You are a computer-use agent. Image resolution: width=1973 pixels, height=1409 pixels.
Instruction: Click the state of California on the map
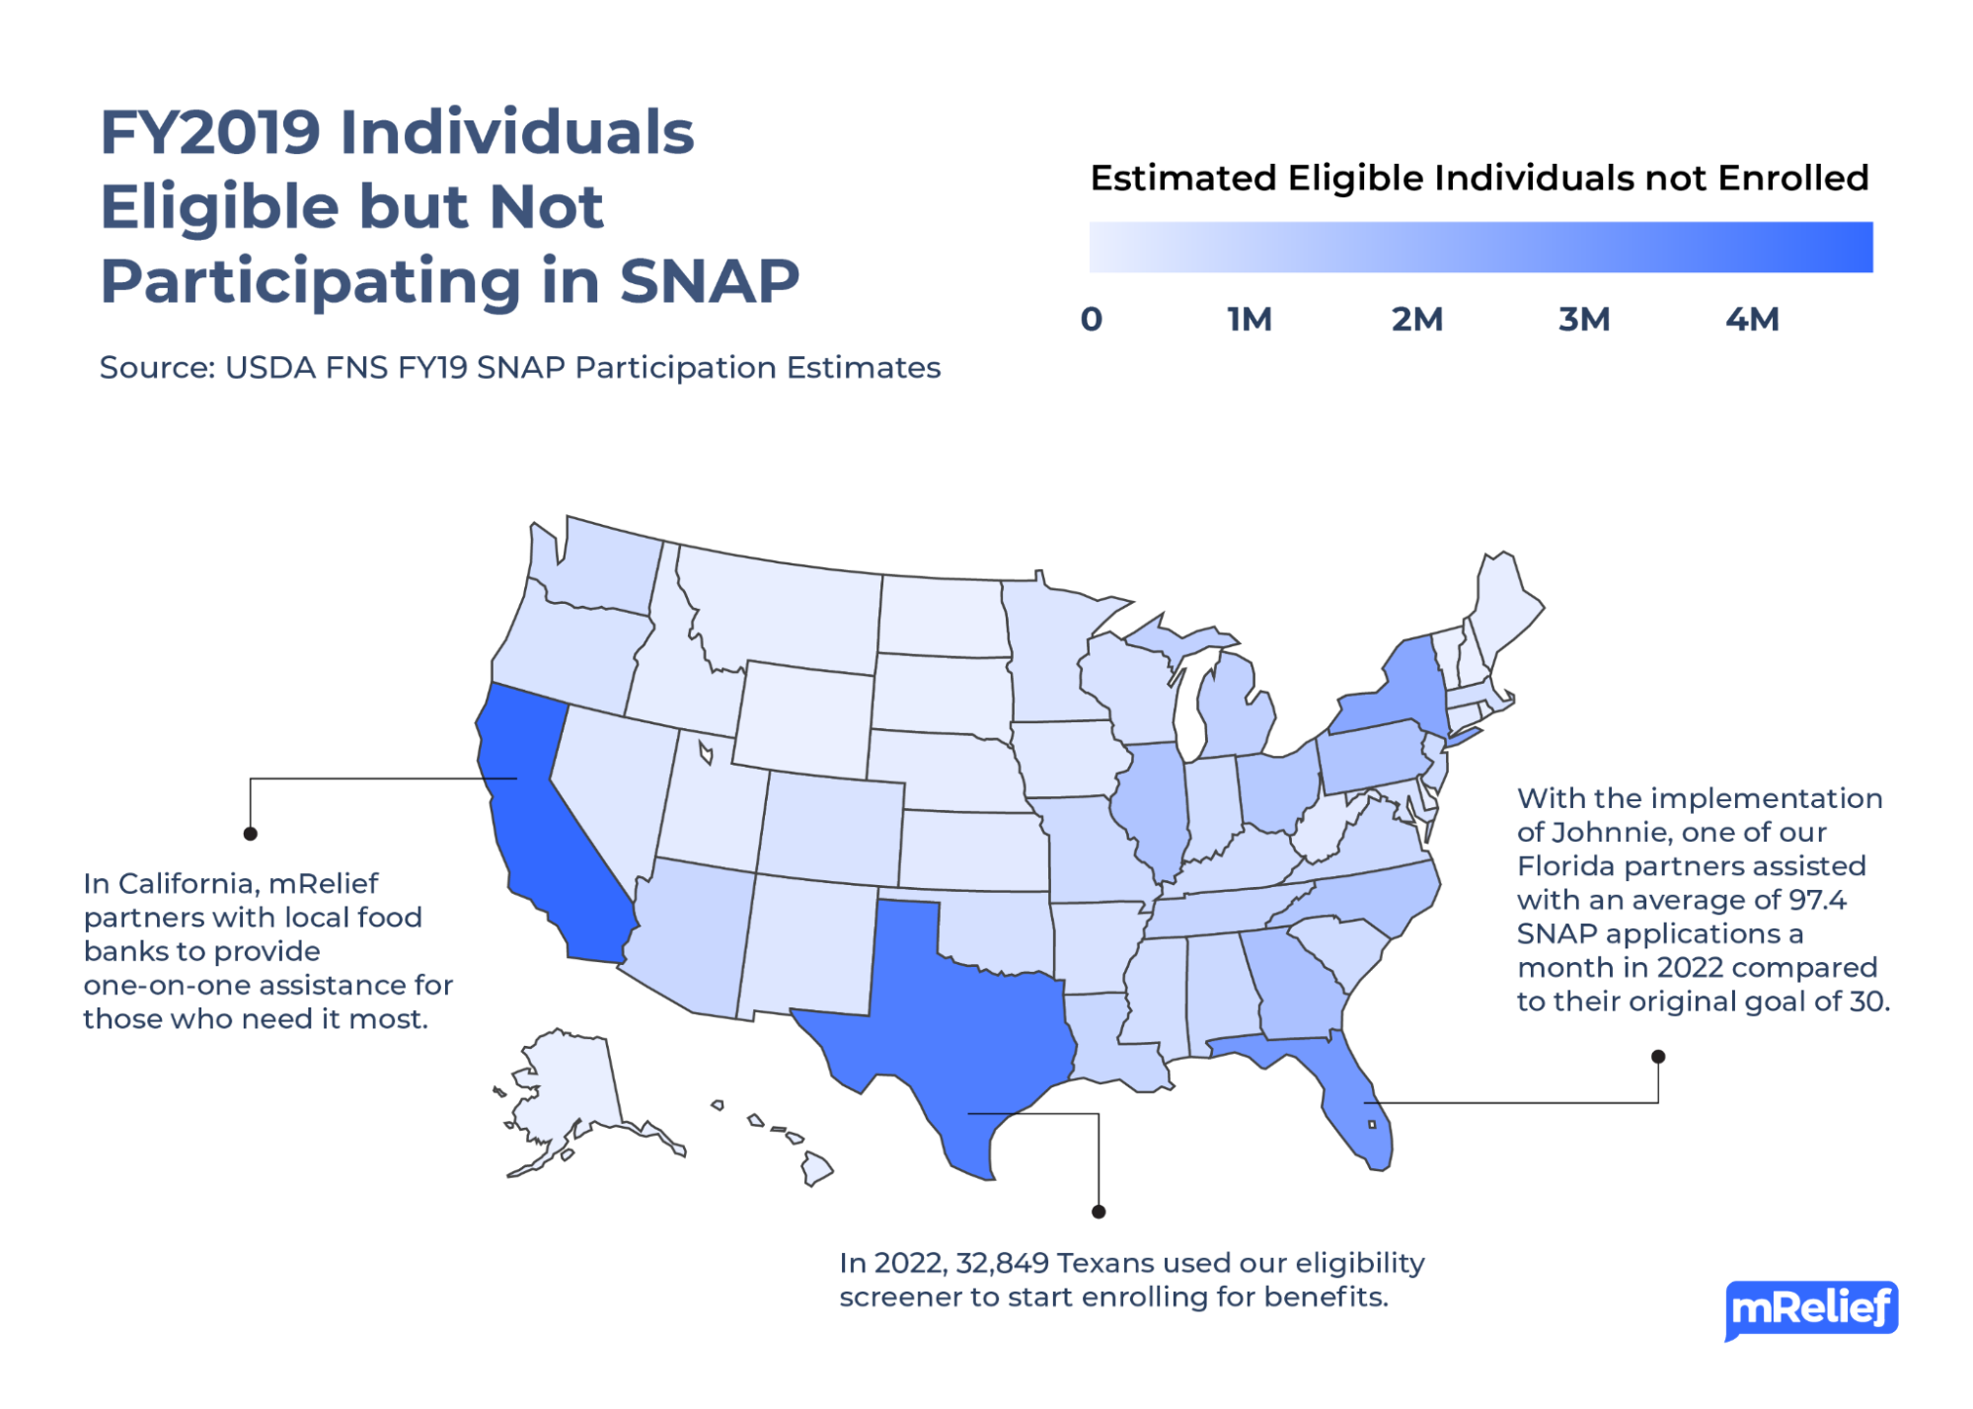pyautogui.click(x=543, y=829)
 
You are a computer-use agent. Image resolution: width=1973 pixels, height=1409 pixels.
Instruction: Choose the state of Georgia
pyautogui.click(x=1293, y=987)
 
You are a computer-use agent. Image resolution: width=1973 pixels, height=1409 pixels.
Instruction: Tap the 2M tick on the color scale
pyautogui.click(x=1417, y=320)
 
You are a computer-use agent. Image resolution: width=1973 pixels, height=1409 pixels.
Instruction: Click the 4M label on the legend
pyautogui.click(x=1752, y=320)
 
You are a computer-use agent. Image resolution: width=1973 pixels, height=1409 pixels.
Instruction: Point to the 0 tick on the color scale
pyautogui.click(x=1091, y=320)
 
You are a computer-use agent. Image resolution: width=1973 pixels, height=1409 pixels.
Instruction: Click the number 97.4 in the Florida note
pyautogui.click(x=1816, y=900)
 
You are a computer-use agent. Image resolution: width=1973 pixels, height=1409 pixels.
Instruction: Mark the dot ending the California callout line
pyautogui.click(x=251, y=834)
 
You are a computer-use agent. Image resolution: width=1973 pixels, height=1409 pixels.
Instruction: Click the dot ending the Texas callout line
pyautogui.click(x=1099, y=1212)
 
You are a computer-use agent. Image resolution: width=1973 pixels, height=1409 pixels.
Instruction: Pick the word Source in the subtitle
pyautogui.click(x=154, y=368)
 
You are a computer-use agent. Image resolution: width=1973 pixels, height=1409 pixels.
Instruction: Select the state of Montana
pyautogui.click(x=780, y=612)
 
